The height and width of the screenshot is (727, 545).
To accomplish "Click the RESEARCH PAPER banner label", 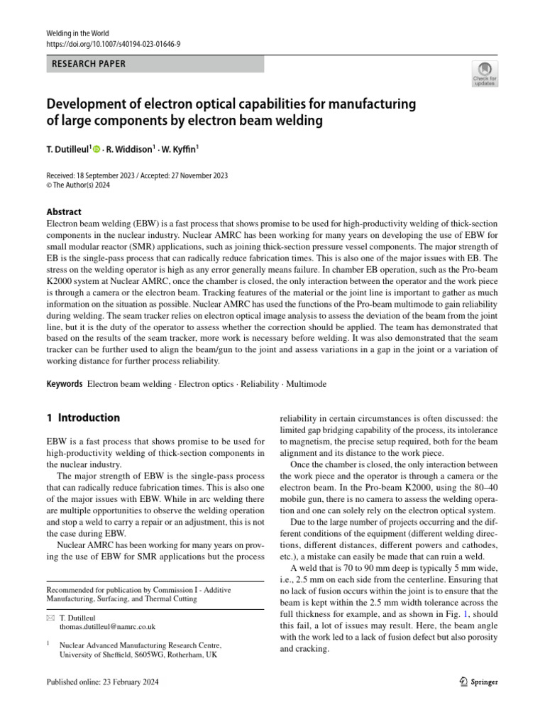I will click(x=89, y=64).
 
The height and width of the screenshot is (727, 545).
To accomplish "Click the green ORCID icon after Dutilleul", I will click(x=97, y=149).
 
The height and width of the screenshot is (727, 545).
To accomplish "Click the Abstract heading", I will click(x=64, y=212).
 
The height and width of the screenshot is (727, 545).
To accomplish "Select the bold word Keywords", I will click(x=64, y=384).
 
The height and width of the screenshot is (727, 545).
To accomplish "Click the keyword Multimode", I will click(x=306, y=384).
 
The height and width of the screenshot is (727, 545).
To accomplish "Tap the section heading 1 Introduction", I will click(x=83, y=417).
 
